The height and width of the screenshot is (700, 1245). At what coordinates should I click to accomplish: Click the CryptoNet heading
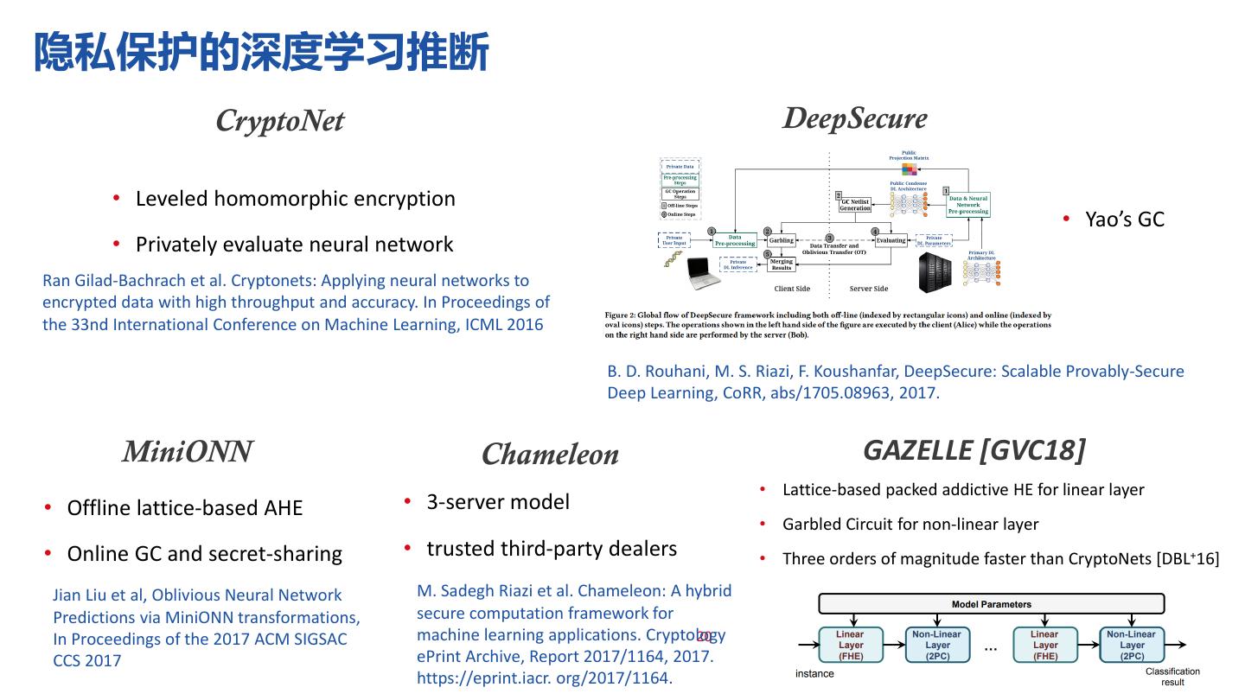click(279, 121)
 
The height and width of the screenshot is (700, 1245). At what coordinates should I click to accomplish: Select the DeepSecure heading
click(854, 118)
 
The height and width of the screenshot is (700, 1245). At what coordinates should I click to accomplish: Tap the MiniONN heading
click(187, 451)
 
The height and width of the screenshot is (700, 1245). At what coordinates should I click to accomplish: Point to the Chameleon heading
click(550, 454)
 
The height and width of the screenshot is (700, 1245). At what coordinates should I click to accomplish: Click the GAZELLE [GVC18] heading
click(974, 450)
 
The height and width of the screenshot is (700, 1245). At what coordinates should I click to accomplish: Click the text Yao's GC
click(1125, 220)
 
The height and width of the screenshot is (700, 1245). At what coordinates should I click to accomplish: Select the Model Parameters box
click(991, 604)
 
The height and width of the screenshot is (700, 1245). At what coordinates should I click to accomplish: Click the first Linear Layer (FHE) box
click(851, 646)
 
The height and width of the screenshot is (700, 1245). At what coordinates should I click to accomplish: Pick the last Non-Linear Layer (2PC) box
click(1132, 646)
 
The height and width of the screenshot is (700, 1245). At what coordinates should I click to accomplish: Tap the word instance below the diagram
click(814, 674)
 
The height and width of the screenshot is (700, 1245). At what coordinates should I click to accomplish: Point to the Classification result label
click(1172, 677)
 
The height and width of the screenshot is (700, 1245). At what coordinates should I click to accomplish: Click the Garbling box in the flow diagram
click(781, 240)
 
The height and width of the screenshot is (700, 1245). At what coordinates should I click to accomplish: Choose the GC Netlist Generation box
click(854, 205)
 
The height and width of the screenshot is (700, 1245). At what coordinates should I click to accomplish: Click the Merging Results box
click(781, 264)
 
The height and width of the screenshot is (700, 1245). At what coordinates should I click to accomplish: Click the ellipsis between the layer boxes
click(991, 647)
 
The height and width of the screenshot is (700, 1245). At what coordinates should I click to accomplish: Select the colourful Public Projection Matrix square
click(909, 170)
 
